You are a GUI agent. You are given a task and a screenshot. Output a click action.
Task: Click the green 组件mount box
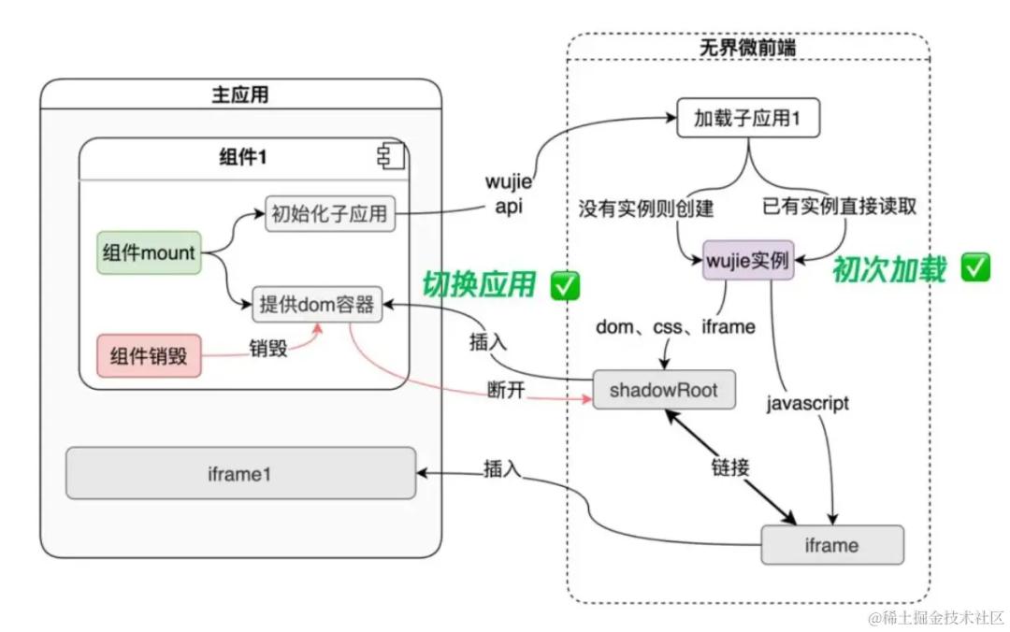point(149,252)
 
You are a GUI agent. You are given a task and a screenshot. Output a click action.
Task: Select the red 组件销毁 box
point(149,355)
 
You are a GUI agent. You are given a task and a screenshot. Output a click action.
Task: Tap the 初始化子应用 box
point(330,214)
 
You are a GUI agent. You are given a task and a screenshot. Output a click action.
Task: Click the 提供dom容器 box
point(317,304)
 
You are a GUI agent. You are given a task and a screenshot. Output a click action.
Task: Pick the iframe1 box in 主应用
point(241,473)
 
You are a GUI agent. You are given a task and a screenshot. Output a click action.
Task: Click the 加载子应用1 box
point(748,118)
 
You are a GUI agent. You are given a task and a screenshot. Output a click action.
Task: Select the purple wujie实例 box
point(748,260)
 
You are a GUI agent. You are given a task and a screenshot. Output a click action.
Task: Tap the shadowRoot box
point(663,390)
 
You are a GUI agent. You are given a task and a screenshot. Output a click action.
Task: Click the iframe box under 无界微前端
point(832,545)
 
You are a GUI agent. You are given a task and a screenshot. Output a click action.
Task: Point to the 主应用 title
point(240,94)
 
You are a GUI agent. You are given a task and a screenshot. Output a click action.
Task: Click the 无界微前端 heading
point(748,47)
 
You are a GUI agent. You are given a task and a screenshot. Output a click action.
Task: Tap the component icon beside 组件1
point(390,156)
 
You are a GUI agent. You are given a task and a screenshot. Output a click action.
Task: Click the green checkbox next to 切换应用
point(565,285)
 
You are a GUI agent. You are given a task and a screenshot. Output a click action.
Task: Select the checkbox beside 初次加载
point(975,267)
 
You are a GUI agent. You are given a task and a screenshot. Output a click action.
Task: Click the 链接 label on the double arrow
point(730,467)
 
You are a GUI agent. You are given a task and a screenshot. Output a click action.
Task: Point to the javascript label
point(808,403)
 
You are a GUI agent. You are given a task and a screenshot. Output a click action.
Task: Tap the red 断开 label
point(506,390)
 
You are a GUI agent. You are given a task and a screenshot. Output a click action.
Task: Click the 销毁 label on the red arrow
point(268,349)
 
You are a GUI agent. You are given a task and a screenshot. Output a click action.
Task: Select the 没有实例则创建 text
point(646,208)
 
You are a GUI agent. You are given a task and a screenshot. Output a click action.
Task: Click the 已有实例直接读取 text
point(839,207)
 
